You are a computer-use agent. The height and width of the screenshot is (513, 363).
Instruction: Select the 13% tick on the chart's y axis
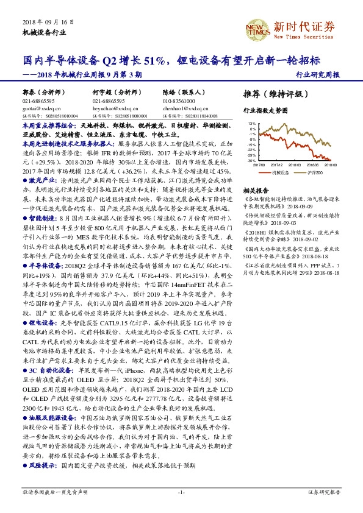[x=253, y=124]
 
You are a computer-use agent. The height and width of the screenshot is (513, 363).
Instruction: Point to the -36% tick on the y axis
[x=253, y=161]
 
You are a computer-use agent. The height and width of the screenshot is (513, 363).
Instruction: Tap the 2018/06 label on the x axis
[x=313, y=165]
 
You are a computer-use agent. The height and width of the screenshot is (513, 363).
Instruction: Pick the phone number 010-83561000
[x=178, y=101]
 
